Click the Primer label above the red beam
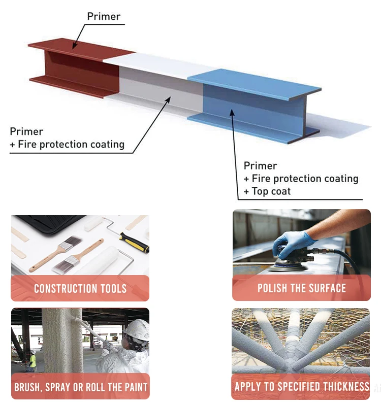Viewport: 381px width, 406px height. pos(104,16)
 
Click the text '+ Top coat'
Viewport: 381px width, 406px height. pos(268,191)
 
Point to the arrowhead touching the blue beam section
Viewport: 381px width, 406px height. pos(232,114)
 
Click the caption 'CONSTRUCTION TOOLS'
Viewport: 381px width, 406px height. pos(80,289)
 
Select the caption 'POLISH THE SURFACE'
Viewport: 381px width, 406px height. pos(301,288)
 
